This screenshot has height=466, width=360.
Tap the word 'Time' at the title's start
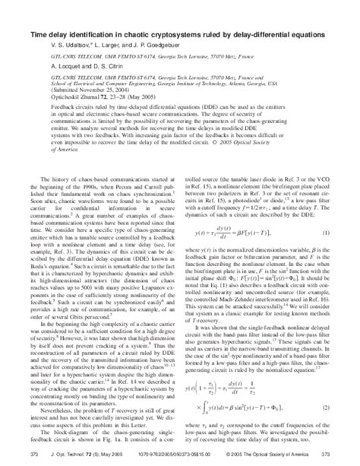[39, 35]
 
